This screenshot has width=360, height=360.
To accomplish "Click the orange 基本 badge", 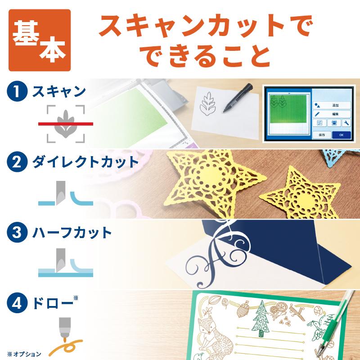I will tap(39, 40).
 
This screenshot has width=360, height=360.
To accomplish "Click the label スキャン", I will tap(58, 92).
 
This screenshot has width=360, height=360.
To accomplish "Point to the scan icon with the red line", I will tap(66, 123).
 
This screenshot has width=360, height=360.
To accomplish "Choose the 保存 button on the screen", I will tap(321, 134).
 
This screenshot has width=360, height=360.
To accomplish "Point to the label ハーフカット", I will tap(72, 232).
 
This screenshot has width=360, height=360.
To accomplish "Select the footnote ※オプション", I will tap(24, 353).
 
